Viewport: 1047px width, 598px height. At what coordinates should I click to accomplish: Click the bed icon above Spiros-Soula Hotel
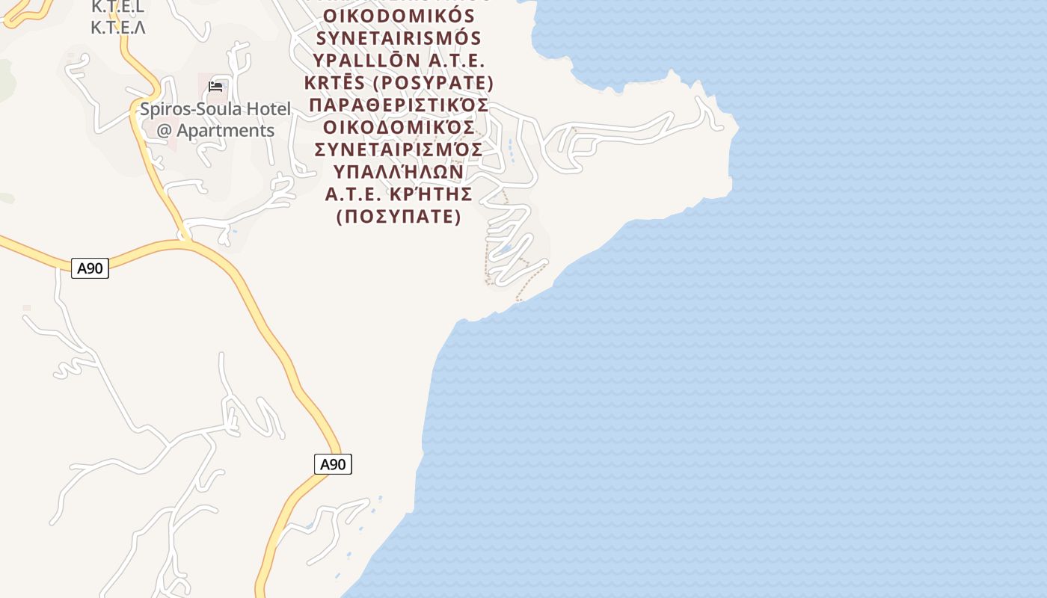215,87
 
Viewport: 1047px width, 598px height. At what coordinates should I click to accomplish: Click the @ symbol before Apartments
165,130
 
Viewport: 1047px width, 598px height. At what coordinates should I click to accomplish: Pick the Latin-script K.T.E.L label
117,7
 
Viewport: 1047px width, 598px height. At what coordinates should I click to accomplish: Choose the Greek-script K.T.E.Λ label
117,28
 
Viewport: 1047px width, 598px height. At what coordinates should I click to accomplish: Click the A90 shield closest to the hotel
90,268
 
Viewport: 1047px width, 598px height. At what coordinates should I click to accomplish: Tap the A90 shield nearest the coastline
333,464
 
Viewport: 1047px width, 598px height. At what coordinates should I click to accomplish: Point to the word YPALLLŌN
362,60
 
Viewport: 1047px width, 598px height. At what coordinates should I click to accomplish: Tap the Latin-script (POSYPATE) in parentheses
433,82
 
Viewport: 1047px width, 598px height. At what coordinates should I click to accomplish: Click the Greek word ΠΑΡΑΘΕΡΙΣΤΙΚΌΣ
399,105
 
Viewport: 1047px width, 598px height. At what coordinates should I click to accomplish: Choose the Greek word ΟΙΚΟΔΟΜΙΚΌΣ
399,127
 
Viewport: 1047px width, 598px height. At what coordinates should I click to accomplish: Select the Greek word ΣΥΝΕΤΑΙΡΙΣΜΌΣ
399,149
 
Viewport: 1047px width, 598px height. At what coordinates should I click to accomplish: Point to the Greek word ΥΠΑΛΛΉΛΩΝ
399,172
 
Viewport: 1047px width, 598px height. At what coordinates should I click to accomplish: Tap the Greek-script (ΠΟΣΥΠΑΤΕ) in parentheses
399,217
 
